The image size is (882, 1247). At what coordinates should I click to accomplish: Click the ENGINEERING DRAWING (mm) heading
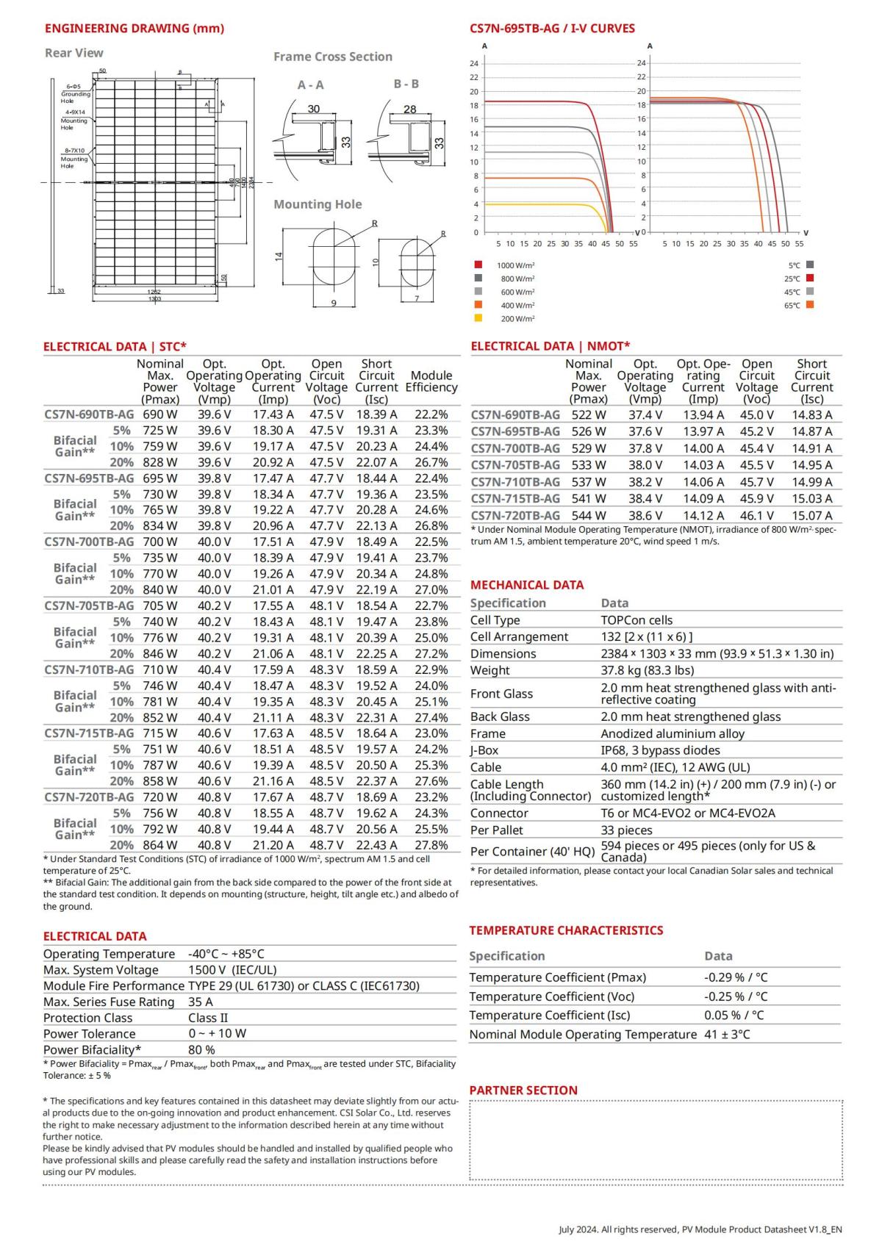[x=134, y=29]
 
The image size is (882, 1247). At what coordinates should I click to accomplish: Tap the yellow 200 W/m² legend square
[x=478, y=318]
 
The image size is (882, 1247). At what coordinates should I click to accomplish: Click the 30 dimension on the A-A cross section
[x=314, y=109]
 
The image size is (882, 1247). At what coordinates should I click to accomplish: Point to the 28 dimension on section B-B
[x=409, y=109]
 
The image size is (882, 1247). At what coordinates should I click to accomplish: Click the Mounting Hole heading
[x=318, y=204]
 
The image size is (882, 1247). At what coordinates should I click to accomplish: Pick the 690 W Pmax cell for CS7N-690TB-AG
[x=159, y=414]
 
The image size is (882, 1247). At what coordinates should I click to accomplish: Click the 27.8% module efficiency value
[x=431, y=845]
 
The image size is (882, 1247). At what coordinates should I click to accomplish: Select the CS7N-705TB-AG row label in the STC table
[x=89, y=605]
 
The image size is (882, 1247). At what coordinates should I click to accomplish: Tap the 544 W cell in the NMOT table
[x=589, y=516]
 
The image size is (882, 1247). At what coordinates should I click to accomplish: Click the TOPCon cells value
[x=637, y=620]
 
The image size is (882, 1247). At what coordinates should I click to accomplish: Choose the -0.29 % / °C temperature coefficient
[x=735, y=977]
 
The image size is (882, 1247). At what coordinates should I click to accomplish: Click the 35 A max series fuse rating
[x=200, y=1002]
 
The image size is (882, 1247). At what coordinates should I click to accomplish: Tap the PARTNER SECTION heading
[x=523, y=1090]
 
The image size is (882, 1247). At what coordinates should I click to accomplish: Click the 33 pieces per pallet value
[x=626, y=830]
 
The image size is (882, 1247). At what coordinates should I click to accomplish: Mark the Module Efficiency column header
[x=431, y=381]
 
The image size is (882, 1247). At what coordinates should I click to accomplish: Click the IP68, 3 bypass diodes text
[x=660, y=750]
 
